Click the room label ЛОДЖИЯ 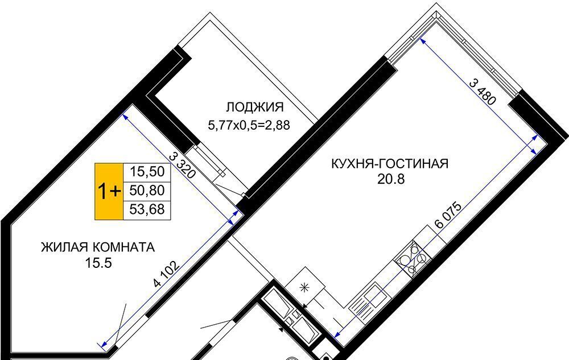tap(255, 107)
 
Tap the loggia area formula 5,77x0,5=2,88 tap(249, 126)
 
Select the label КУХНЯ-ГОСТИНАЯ tap(390, 163)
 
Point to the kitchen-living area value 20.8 tap(391, 179)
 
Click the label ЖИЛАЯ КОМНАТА tap(98, 247)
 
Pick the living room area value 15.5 tap(98, 263)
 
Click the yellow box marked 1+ tap(109, 192)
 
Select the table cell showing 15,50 tap(147, 171)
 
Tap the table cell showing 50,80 tap(147, 191)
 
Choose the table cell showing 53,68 tap(147, 209)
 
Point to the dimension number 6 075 tap(448, 214)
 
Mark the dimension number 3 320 tap(183, 165)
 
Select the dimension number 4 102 tap(166, 274)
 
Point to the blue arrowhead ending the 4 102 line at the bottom tap(102, 344)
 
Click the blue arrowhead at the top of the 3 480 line tap(423, 41)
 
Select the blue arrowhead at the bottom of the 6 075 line tap(337, 334)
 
